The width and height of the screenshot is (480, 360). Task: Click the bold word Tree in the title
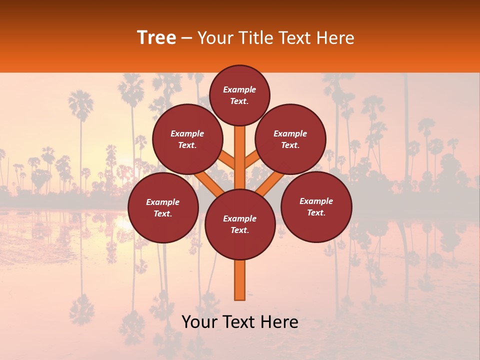tap(156, 38)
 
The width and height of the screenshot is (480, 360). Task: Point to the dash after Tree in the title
tap(187, 38)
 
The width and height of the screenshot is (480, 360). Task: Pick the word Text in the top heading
tap(295, 38)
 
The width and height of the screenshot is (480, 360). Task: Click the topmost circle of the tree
tap(239, 95)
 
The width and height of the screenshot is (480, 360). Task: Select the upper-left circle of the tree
tap(187, 139)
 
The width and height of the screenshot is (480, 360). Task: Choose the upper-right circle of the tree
tap(290, 139)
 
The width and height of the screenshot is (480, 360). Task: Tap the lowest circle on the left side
tap(163, 208)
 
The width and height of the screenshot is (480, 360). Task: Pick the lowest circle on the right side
tap(316, 207)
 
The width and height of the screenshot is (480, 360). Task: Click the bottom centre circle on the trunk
tap(240, 224)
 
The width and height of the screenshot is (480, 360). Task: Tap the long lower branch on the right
tap(270, 182)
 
